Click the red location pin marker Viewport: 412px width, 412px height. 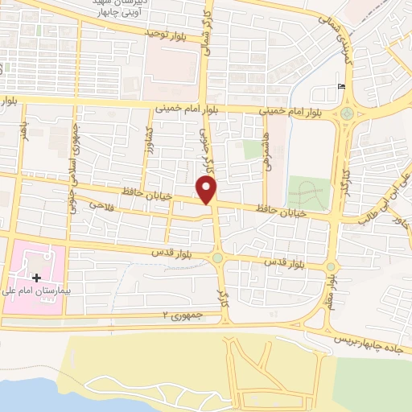(208, 190)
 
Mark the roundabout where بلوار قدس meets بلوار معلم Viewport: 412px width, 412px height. (330, 266)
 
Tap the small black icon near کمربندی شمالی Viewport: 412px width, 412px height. (343, 86)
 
